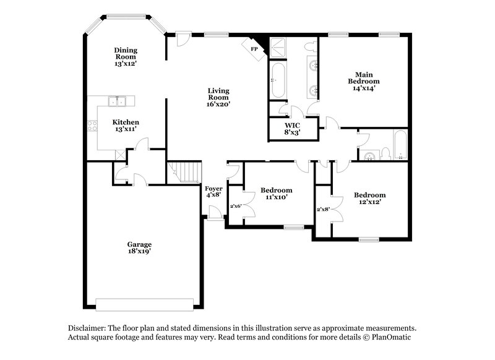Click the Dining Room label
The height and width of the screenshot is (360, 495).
point(126,56)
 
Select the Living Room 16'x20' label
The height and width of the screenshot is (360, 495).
point(218,97)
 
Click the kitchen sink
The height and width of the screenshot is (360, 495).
point(114,101)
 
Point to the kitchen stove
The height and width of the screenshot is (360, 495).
point(93,126)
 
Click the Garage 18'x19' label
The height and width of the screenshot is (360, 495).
point(140,247)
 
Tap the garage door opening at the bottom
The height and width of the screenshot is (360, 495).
point(145,304)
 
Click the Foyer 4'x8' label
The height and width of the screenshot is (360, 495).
point(213,191)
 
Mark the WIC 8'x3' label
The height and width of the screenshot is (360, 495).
point(292,128)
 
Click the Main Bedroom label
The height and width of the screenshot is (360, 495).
point(364,81)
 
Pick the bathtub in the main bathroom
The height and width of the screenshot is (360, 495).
point(277,80)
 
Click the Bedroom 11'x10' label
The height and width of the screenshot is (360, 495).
point(277,193)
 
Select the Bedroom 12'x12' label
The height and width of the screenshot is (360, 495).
point(369,199)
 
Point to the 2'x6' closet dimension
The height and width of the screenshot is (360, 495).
point(235,206)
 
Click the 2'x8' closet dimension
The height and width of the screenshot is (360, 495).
point(323,209)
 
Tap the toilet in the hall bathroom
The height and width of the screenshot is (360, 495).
point(384,152)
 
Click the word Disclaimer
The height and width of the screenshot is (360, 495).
point(87,328)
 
